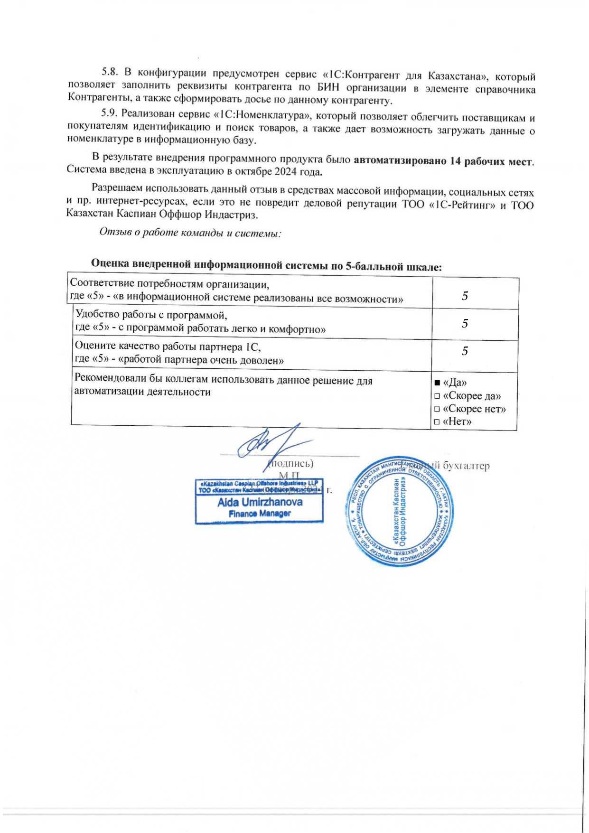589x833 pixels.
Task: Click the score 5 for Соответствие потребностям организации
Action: (x=465, y=296)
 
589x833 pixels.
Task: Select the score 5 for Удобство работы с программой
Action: (x=465, y=323)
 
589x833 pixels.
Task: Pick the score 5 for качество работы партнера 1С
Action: (x=465, y=351)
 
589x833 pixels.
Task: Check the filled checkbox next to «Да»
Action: (x=437, y=383)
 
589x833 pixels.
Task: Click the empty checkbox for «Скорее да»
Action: (x=437, y=396)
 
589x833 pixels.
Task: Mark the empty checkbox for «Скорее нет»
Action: (x=437, y=409)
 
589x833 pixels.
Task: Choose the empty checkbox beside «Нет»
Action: (x=437, y=422)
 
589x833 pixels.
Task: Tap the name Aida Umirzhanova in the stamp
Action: (x=260, y=502)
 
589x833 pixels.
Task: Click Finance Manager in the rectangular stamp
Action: (x=260, y=514)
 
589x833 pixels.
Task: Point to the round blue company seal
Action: (x=399, y=512)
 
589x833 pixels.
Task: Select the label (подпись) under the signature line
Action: (x=290, y=463)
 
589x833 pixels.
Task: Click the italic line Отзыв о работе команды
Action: (x=190, y=233)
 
